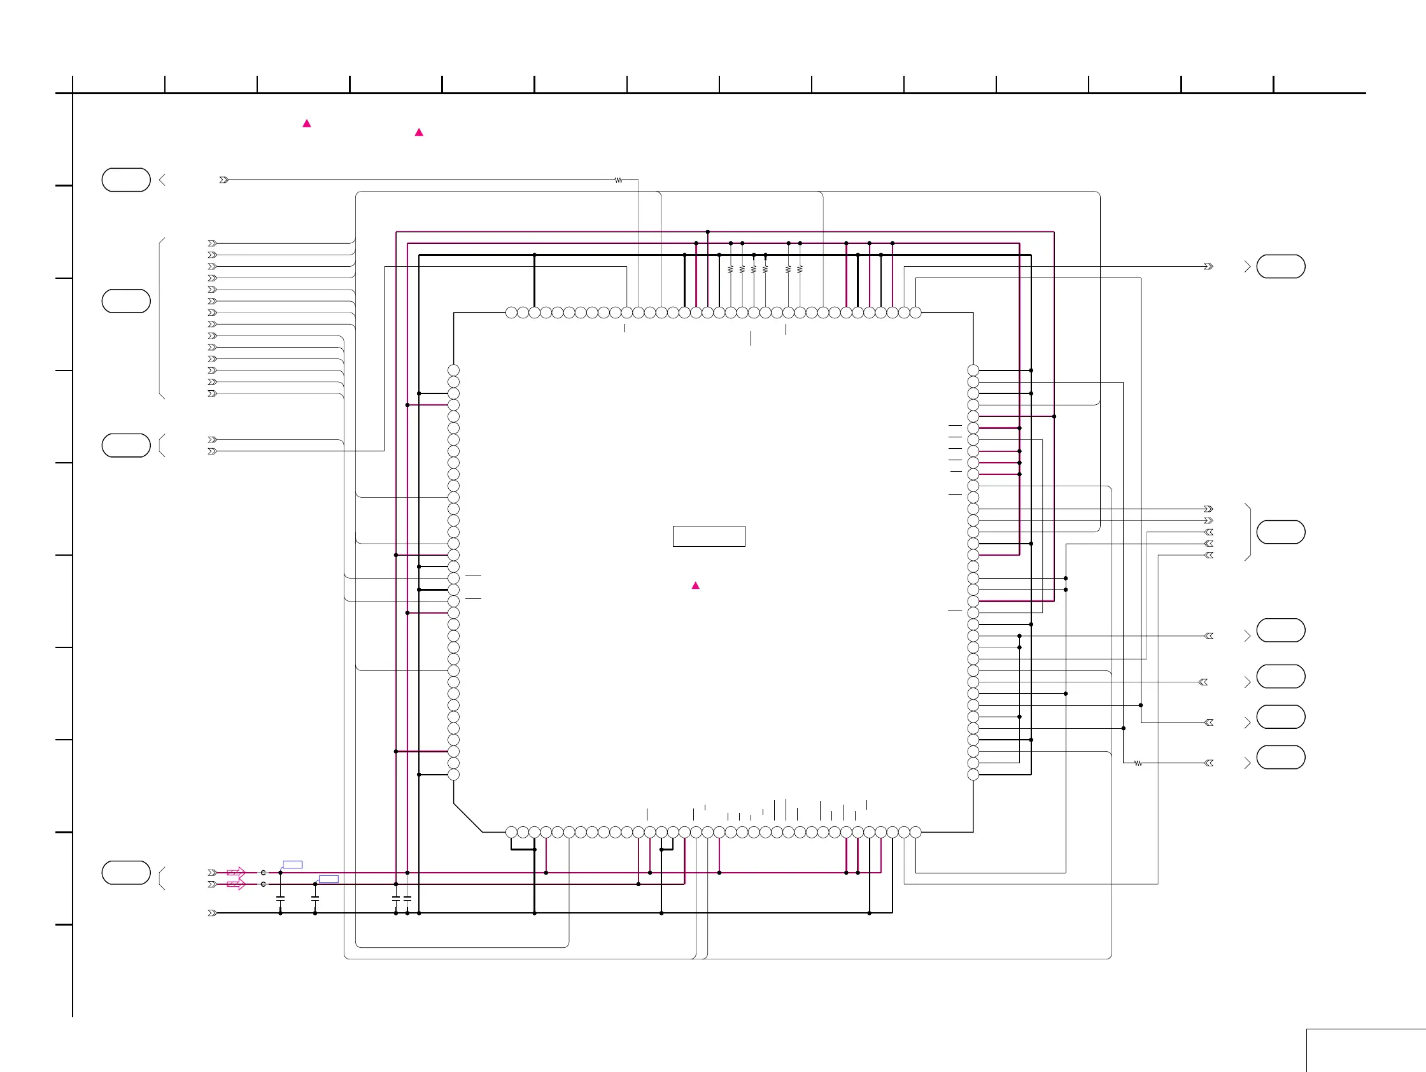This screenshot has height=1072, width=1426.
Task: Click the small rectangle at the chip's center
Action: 709,537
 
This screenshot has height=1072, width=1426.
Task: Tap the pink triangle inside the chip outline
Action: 696,585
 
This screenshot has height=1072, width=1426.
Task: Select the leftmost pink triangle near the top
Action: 307,123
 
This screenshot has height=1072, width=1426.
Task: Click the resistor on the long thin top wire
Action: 618,181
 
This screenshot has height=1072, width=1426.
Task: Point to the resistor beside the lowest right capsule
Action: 1138,763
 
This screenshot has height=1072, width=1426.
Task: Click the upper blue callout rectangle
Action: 293,864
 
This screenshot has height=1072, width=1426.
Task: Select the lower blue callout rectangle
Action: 328,878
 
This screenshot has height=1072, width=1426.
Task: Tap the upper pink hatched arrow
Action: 237,873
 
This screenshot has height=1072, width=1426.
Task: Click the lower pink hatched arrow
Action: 237,884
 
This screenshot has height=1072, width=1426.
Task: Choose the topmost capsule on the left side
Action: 125,180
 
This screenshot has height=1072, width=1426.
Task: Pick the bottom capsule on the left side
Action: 125,873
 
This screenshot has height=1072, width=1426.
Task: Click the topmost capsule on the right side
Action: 1280,266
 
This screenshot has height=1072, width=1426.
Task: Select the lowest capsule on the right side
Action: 1280,758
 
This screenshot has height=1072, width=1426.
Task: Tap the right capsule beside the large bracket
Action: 1280,532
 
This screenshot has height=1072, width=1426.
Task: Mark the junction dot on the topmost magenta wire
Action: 707,232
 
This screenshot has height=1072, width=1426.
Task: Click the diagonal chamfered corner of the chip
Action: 467,818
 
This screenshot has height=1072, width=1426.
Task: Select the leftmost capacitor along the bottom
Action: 281,898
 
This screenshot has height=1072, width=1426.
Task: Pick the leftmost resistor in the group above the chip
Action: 730,269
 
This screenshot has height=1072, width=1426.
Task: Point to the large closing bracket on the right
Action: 1250,532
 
